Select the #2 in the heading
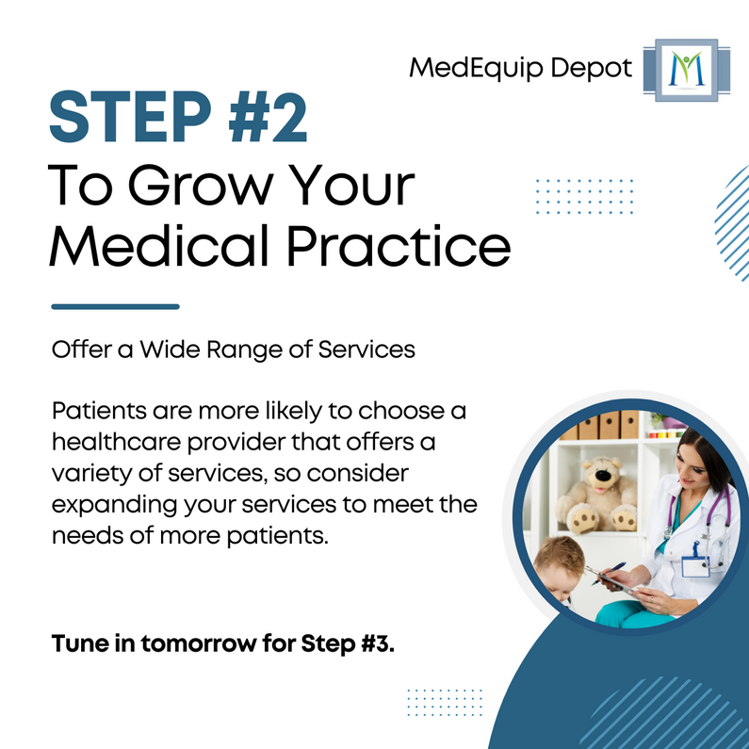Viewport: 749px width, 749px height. click(266, 116)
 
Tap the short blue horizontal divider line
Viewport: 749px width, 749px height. click(115, 305)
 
